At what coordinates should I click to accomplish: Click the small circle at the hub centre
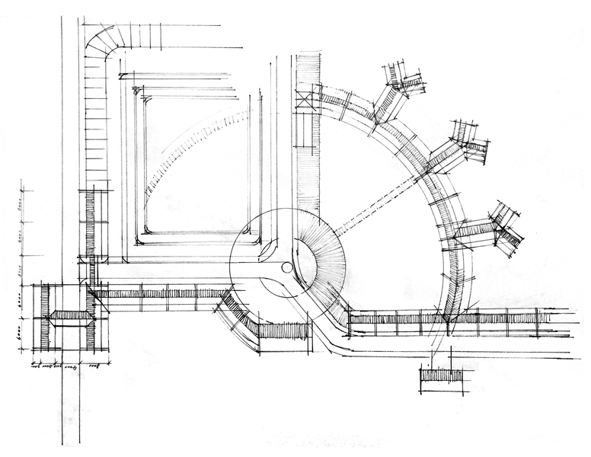[x=286, y=267]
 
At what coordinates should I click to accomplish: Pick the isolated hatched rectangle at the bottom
[x=442, y=375]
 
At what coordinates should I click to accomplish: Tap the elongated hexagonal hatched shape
[x=71, y=315]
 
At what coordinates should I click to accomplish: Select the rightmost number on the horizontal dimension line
[x=95, y=366]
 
